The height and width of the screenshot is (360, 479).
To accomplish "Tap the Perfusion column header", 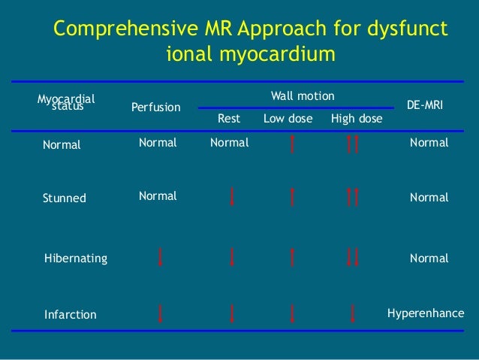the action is [x=156, y=107].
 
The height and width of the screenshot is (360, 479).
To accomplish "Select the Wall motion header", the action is [x=303, y=96].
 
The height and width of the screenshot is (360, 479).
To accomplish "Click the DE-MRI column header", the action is [x=425, y=107].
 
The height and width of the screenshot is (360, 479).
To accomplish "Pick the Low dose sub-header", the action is [x=288, y=119].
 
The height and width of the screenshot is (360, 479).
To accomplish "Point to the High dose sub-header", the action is [x=357, y=119].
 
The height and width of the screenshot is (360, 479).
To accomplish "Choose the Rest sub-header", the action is [x=228, y=119].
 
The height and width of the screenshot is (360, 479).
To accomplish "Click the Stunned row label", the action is [x=65, y=198].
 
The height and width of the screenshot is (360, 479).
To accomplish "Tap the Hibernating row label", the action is [x=77, y=259].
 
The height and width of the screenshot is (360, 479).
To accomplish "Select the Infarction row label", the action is [x=71, y=315].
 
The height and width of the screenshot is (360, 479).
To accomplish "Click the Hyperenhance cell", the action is [x=426, y=313].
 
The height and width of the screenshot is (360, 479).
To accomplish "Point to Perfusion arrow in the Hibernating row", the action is [x=161, y=258].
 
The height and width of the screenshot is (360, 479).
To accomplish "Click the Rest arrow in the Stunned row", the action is [x=233, y=197].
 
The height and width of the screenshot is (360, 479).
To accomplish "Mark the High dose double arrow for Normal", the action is [x=354, y=143].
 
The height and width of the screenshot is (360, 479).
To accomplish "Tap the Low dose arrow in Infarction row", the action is [x=292, y=313].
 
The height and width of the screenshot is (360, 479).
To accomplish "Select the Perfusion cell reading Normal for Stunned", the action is [x=158, y=196].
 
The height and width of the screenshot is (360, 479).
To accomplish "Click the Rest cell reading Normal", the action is [x=229, y=142].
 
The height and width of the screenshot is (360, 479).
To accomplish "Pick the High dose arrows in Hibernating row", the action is [x=354, y=258].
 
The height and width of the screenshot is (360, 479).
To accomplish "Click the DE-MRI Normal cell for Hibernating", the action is [x=429, y=259].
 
